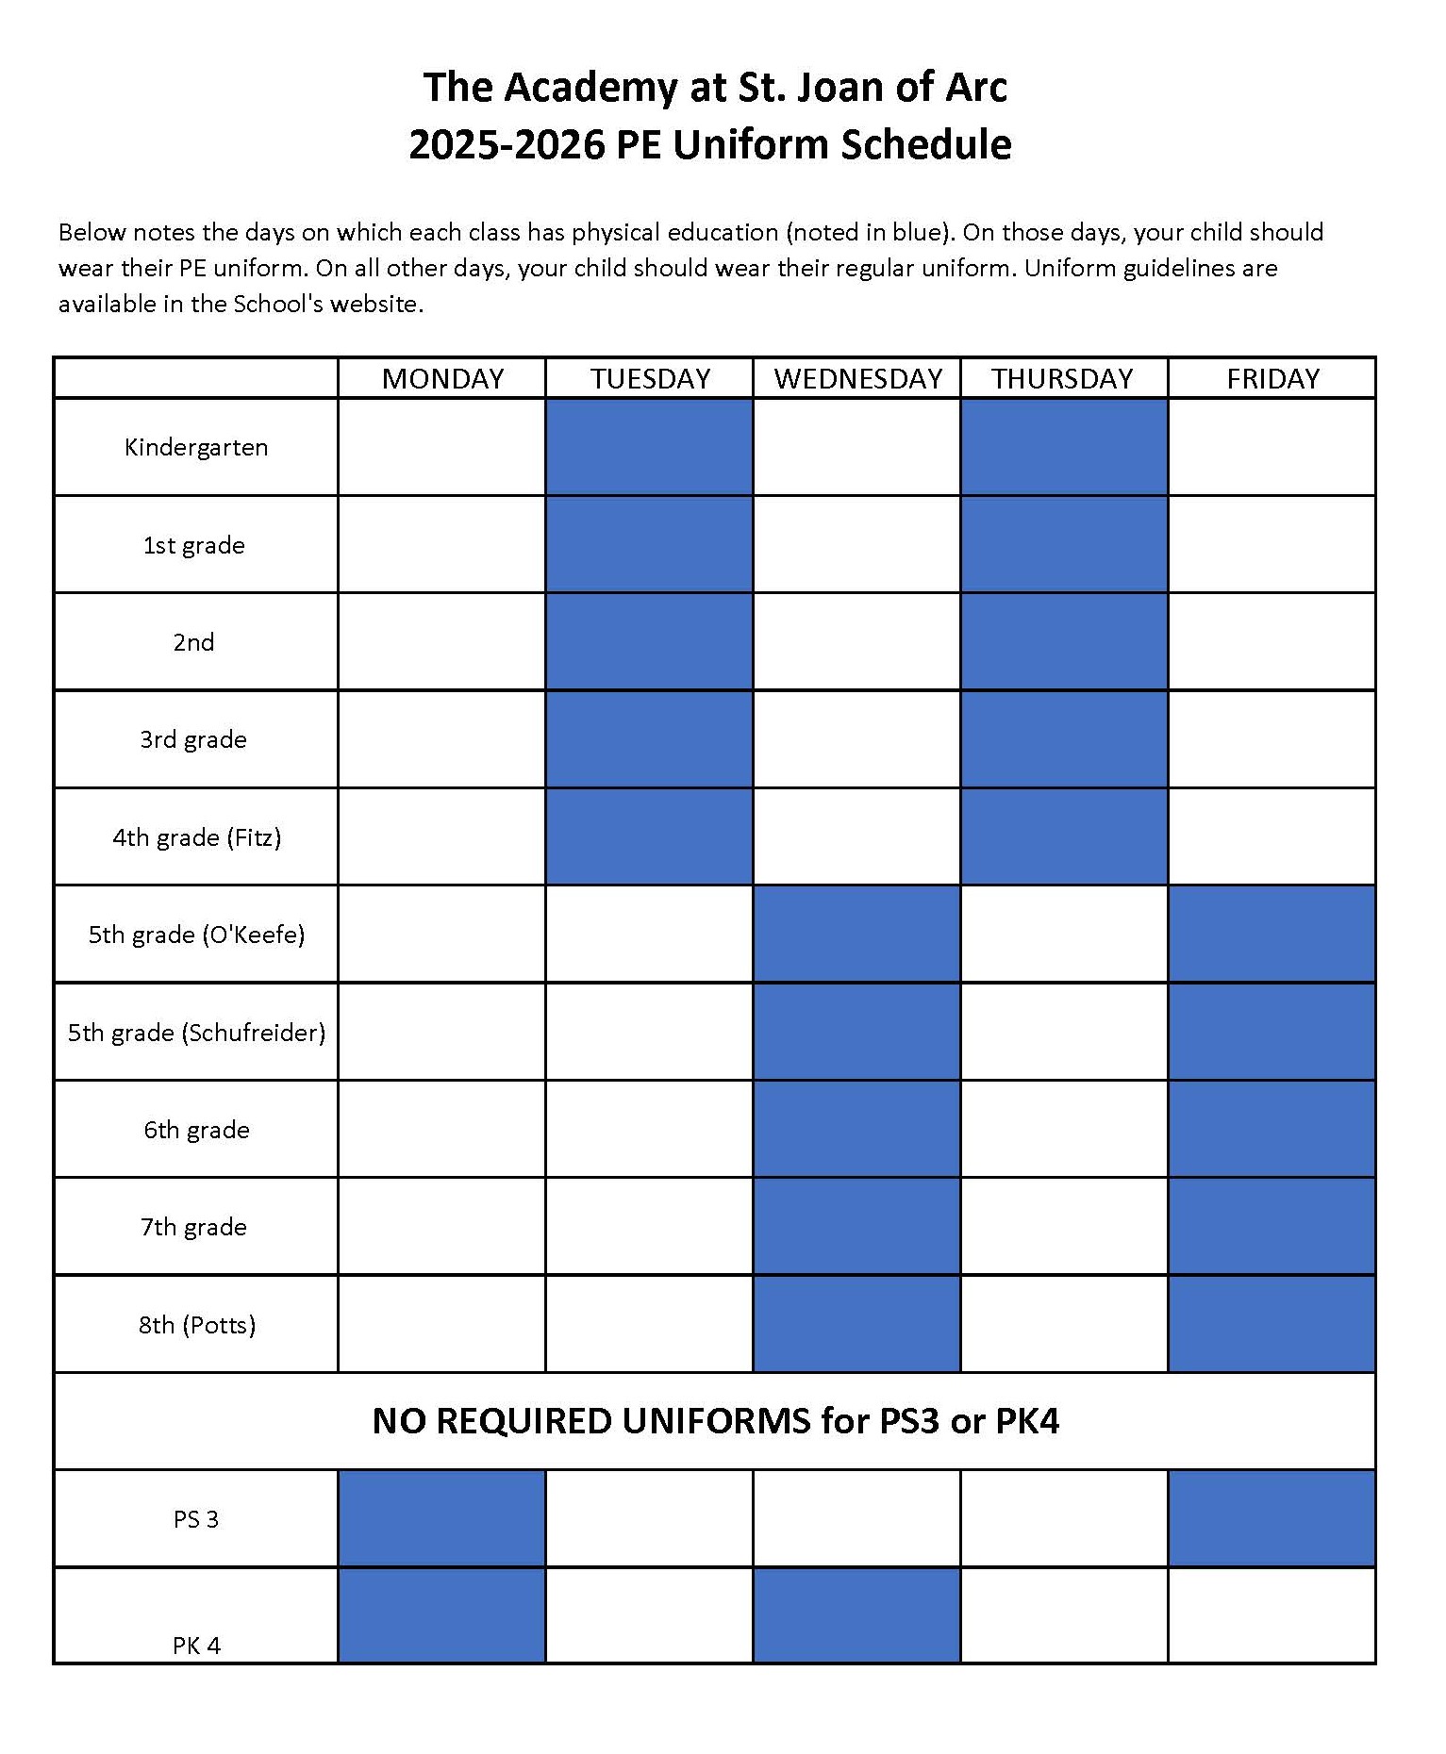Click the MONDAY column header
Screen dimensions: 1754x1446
point(442,378)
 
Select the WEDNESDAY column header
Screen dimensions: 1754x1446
point(857,378)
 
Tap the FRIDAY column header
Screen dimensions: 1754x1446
point(1272,378)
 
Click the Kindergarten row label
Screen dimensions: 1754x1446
point(196,447)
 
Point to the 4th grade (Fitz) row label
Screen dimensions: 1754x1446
point(196,837)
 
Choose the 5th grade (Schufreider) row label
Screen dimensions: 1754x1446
point(196,1033)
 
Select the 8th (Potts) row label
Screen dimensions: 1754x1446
point(196,1325)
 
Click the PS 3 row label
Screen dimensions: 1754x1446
point(196,1519)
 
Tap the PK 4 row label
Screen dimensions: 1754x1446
point(196,1646)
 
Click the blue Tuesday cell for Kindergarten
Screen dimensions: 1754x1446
point(649,447)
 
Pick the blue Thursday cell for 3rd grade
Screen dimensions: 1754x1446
point(1064,739)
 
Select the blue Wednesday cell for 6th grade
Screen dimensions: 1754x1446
point(856,1130)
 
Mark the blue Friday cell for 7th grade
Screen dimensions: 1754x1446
point(1271,1227)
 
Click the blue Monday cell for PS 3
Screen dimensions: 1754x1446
point(441,1519)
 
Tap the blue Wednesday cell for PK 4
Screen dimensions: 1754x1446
point(856,1615)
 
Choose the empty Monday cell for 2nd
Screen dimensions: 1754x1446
point(441,642)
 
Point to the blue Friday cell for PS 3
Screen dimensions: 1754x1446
point(1271,1519)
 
